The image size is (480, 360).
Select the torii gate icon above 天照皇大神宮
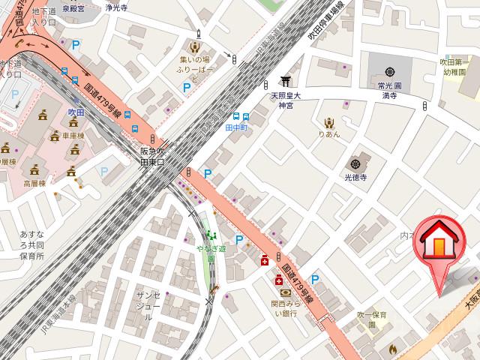[285, 82]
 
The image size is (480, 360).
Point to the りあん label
[328, 135]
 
